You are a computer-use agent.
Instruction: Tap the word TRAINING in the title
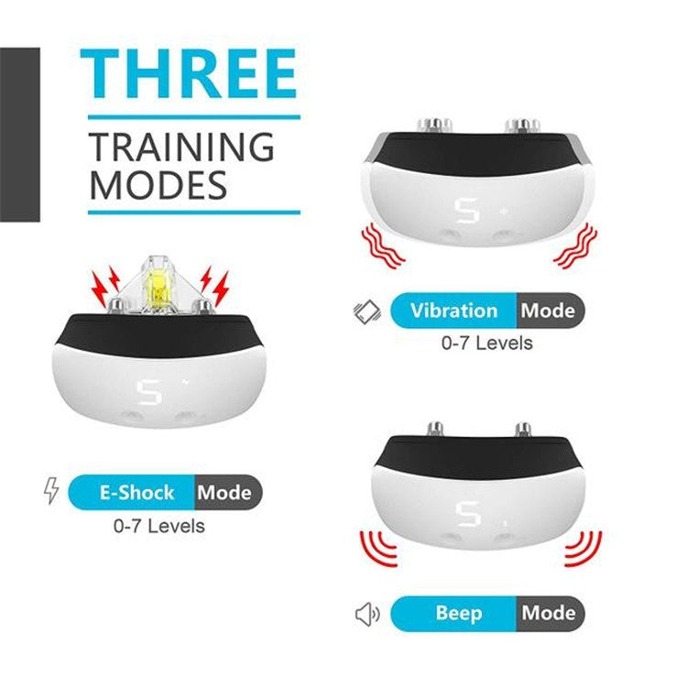[181, 147]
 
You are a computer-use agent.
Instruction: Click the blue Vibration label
[453, 311]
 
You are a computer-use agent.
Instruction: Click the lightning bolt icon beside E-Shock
[51, 491]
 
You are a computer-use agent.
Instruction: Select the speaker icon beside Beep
[366, 614]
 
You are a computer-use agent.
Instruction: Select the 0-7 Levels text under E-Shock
[159, 526]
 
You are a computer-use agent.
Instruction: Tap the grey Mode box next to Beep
[548, 613]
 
